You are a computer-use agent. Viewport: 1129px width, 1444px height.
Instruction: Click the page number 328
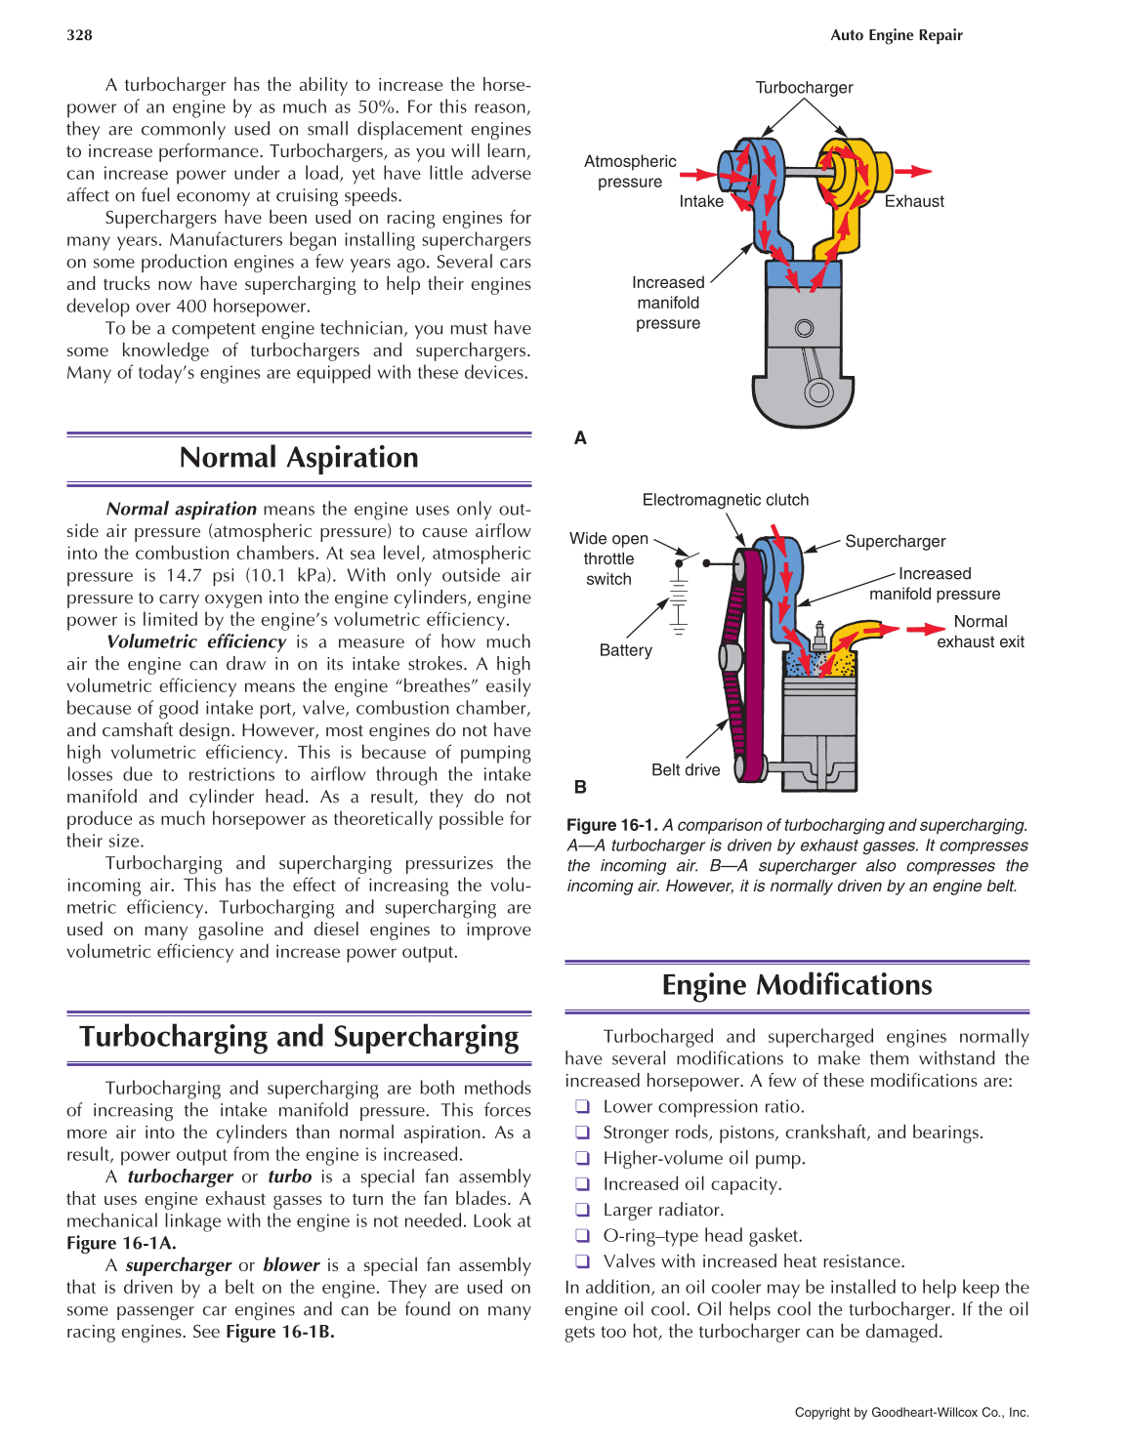(x=79, y=35)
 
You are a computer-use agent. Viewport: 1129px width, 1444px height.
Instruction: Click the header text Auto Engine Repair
(x=896, y=35)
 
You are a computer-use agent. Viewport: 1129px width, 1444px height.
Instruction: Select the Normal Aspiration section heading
(x=299, y=458)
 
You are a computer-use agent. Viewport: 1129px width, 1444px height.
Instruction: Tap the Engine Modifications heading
(x=797, y=985)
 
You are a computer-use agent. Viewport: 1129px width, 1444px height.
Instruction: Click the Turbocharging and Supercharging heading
(x=299, y=1037)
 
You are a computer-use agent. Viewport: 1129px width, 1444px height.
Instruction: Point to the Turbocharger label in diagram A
(x=804, y=88)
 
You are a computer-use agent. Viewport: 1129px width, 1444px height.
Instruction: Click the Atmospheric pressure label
(x=630, y=172)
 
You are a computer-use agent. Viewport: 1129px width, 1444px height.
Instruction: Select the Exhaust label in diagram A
(x=914, y=202)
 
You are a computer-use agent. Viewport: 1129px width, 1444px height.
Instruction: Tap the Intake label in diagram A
(x=701, y=202)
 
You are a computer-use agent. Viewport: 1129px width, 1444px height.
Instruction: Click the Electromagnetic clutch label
(x=725, y=500)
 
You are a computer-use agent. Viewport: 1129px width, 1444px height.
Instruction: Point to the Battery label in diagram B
(x=625, y=650)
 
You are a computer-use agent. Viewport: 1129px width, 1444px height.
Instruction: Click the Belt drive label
(x=686, y=770)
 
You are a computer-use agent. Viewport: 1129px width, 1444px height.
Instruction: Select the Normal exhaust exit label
(x=981, y=632)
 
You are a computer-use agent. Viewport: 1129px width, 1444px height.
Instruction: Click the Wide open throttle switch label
(x=608, y=558)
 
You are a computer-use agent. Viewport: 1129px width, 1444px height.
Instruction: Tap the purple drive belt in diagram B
(x=752, y=664)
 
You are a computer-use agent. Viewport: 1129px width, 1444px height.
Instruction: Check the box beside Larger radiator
(x=582, y=1210)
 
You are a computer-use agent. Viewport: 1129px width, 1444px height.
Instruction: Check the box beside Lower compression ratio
(x=582, y=1106)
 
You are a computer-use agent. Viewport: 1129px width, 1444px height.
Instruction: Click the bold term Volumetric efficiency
(x=195, y=642)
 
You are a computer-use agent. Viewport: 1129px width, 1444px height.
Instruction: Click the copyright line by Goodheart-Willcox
(x=911, y=1412)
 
